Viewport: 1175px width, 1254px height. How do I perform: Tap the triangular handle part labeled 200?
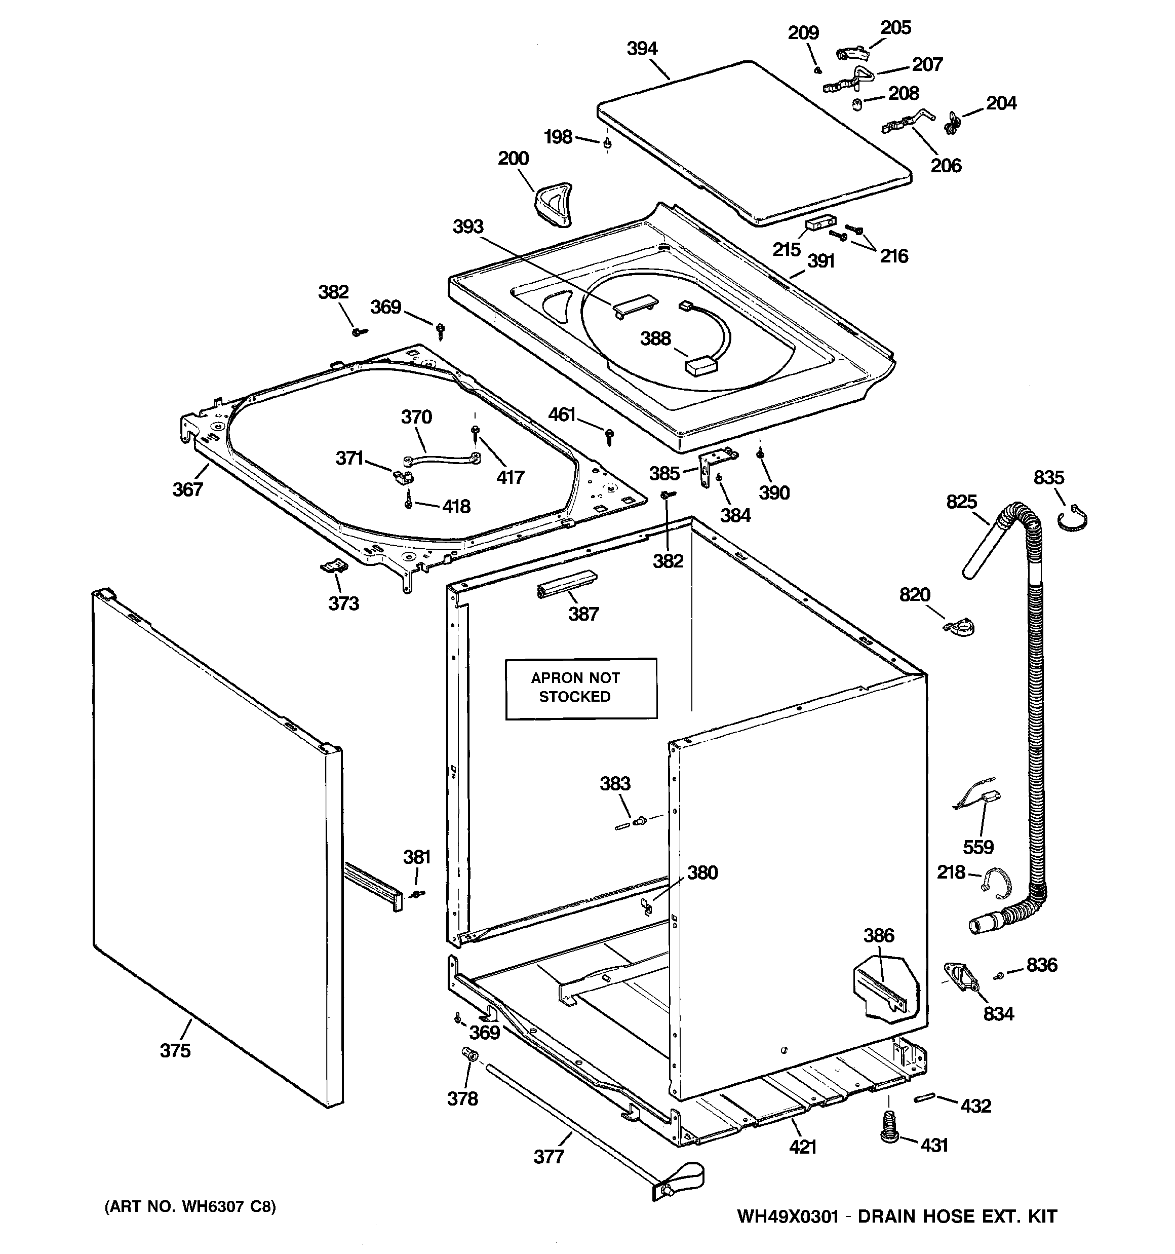pyautogui.click(x=553, y=204)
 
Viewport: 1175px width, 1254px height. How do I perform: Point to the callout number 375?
pyautogui.click(x=175, y=1050)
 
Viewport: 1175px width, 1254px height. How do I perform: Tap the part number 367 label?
pyautogui.click(x=187, y=489)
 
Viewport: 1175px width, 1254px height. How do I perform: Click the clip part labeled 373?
pyautogui.click(x=334, y=566)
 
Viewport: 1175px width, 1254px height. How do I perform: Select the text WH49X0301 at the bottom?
pyautogui.click(x=787, y=1216)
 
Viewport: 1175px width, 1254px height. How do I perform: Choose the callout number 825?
pyautogui.click(x=961, y=502)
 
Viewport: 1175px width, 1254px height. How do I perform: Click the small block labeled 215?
pyautogui.click(x=820, y=222)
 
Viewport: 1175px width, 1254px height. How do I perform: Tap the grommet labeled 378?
pyautogui.click(x=470, y=1055)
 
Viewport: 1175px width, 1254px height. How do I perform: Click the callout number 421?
pyautogui.click(x=802, y=1147)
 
